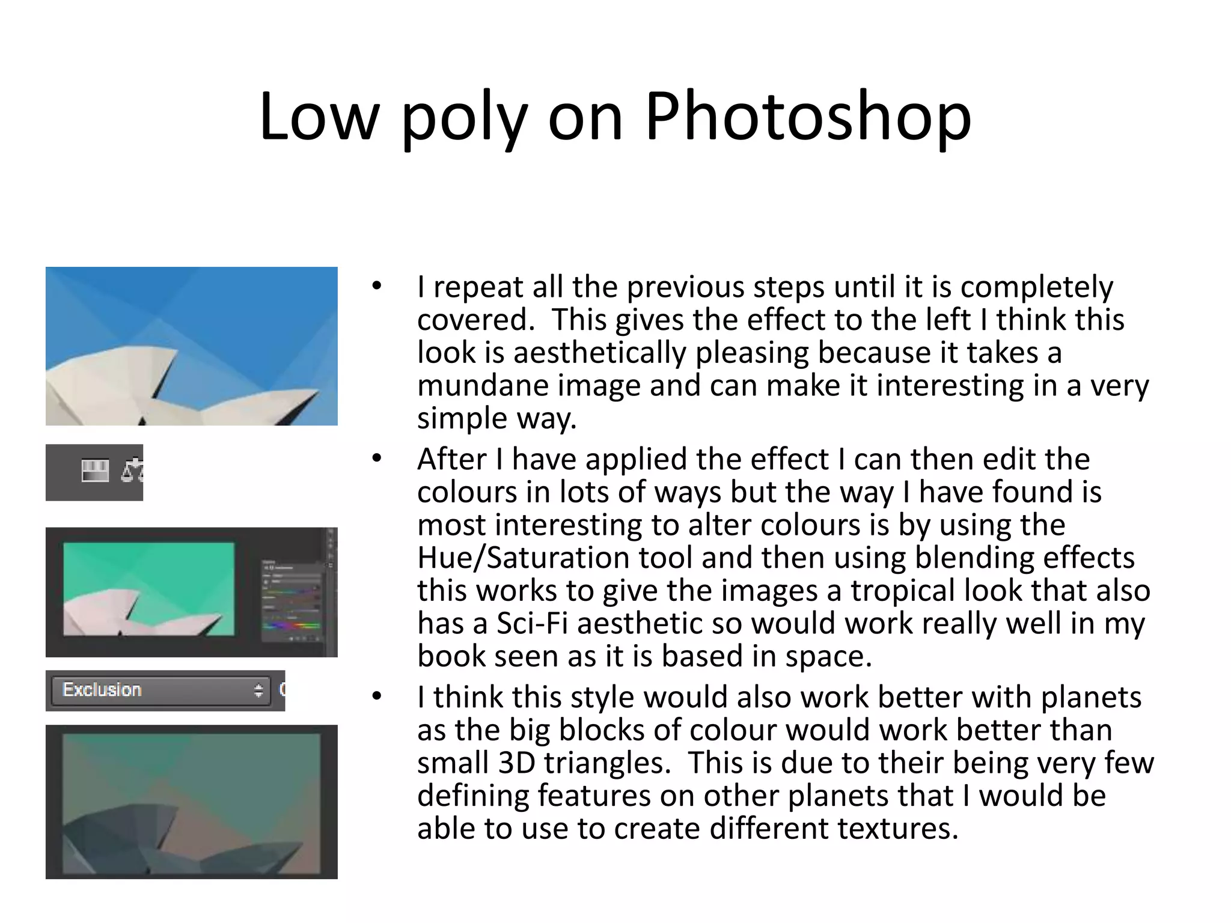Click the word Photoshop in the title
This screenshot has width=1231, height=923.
point(808,117)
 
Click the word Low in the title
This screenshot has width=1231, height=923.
point(319,117)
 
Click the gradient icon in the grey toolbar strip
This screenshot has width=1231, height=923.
point(95,471)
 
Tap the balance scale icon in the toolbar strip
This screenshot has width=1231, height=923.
point(132,471)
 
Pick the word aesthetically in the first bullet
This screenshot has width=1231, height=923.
point(599,353)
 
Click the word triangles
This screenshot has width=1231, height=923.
point(608,763)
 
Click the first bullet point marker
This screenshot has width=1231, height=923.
point(377,287)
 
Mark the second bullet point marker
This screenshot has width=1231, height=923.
point(377,459)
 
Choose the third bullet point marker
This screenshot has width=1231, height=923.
point(377,697)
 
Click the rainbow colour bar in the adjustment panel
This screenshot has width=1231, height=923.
point(292,626)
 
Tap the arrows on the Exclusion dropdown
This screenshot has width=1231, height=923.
point(258,690)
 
